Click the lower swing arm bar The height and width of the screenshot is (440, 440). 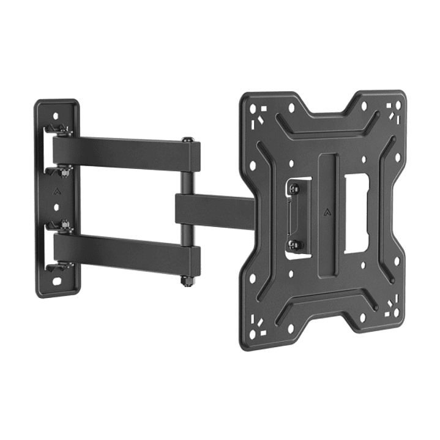[x=122, y=251]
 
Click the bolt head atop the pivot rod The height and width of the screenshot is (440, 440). [x=187, y=141]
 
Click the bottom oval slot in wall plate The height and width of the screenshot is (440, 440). [x=57, y=283]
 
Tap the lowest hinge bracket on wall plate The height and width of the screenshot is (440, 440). [x=59, y=266]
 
